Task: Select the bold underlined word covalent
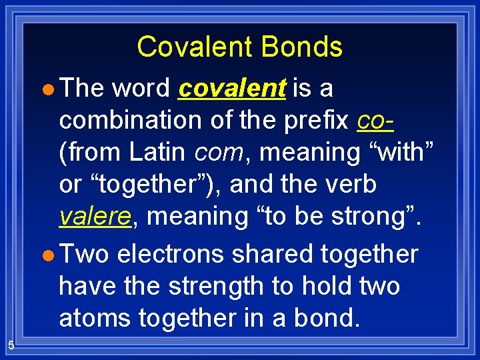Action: [232, 88]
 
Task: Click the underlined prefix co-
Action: [375, 120]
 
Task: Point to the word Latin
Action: [158, 152]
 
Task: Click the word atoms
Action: [93, 318]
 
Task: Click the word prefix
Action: [315, 120]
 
